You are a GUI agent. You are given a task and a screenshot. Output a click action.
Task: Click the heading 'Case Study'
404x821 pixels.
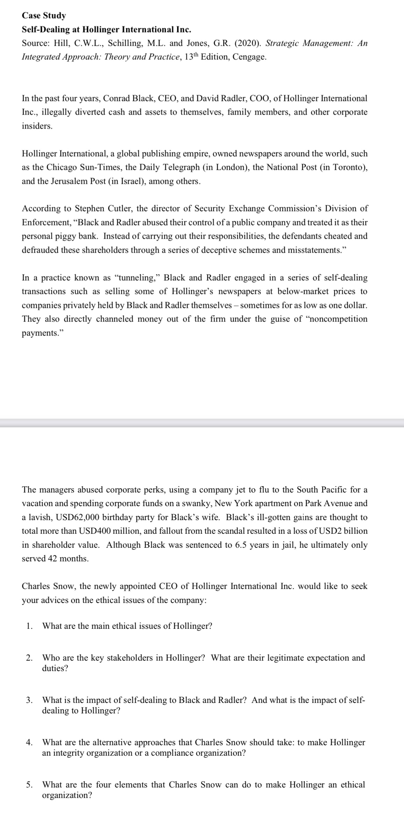44,15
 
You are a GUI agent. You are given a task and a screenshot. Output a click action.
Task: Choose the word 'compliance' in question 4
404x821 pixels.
172,753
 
